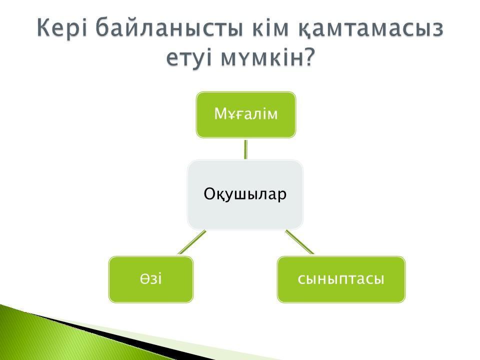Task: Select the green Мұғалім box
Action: click(x=246, y=115)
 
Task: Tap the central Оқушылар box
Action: click(x=245, y=194)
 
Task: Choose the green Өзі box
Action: click(x=151, y=279)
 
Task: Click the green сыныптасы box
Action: click(x=341, y=279)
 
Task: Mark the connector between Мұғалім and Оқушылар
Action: click(x=245, y=149)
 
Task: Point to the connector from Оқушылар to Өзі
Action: click(x=192, y=242)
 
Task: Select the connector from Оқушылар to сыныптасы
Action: click(x=299, y=242)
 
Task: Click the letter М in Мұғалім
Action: click(x=220, y=113)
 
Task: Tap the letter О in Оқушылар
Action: click(x=210, y=193)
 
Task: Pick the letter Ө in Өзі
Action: click(x=145, y=279)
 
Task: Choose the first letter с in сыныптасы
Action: click(x=301, y=279)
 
